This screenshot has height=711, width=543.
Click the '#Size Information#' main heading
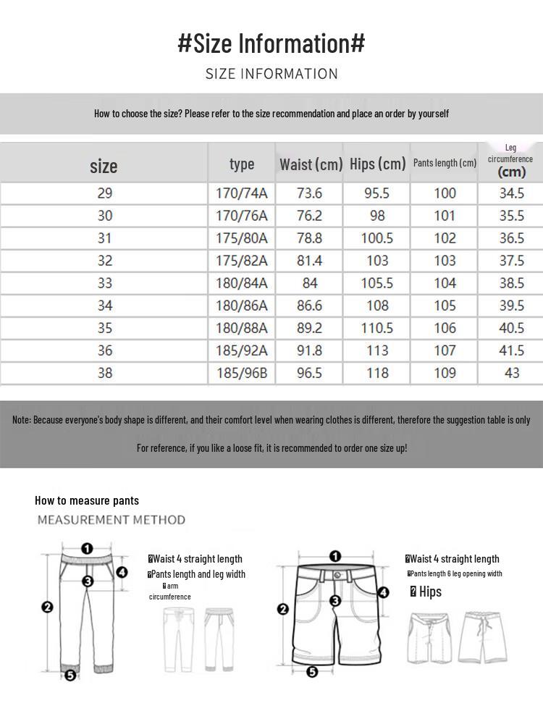(271, 43)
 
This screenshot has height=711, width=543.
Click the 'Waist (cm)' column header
(311, 164)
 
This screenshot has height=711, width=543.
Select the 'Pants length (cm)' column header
(445, 163)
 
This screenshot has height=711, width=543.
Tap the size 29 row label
(104, 193)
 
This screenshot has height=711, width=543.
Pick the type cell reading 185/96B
(242, 373)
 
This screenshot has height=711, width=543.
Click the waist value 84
(310, 283)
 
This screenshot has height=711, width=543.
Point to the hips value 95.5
(376, 193)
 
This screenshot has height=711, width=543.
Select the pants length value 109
(445, 373)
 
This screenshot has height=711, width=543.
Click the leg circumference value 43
(511, 373)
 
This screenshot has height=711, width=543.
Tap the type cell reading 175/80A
(242, 238)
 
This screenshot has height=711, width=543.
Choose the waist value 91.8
(310, 350)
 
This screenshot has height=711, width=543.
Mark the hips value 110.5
(376, 328)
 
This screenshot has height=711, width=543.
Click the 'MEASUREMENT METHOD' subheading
(111, 520)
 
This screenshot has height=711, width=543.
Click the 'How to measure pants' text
(87, 500)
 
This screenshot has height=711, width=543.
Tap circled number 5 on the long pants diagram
(70, 675)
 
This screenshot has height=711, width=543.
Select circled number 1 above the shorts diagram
(335, 556)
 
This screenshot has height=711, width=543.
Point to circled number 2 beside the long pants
(47, 607)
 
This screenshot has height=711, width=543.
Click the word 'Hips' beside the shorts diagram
(430, 592)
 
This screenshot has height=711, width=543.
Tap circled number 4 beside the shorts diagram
(384, 592)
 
